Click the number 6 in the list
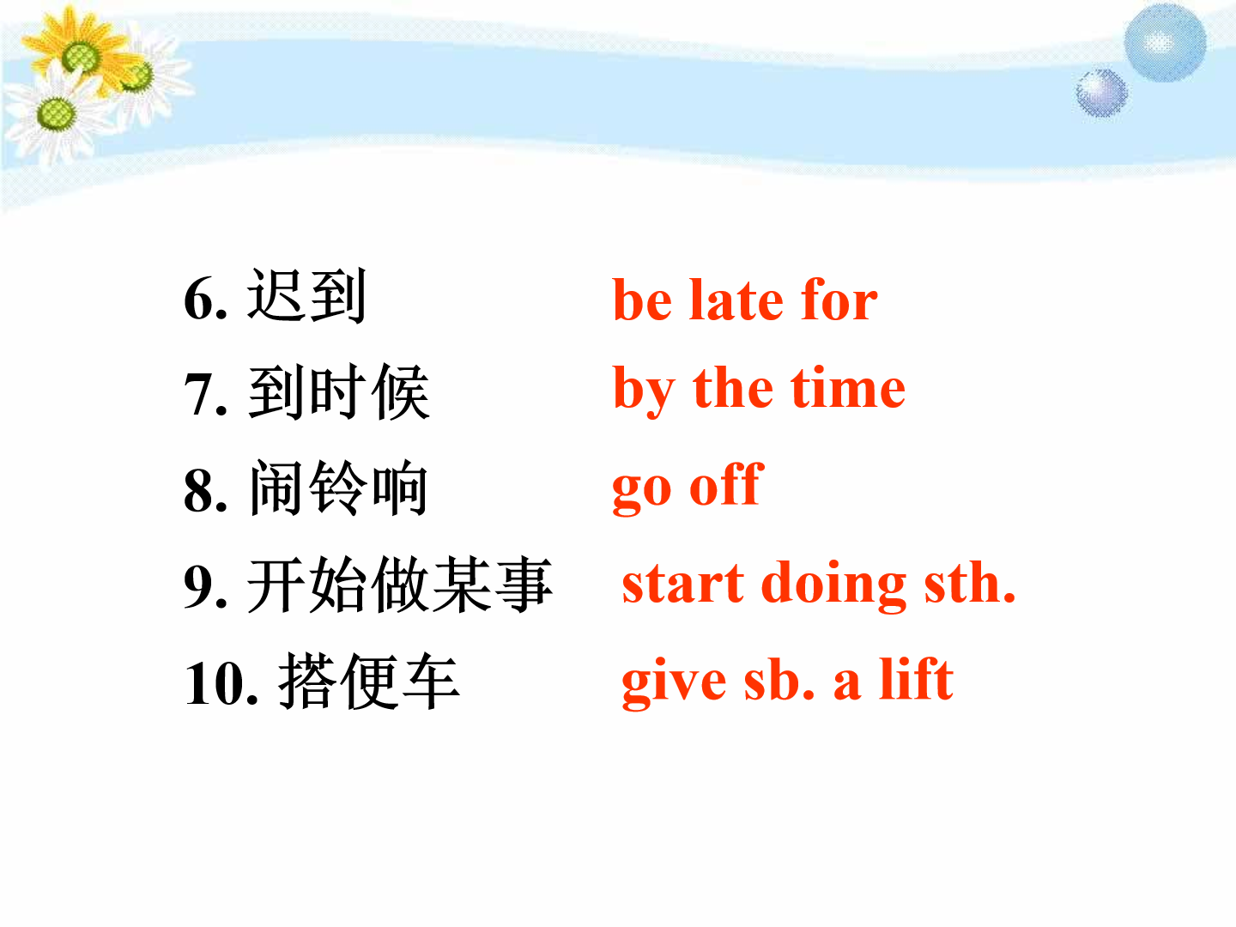(206, 299)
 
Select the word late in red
(736, 300)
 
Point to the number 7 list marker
(206, 395)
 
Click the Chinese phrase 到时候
(339, 391)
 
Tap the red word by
(644, 391)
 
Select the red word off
(726, 484)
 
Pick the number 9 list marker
(206, 586)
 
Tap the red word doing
(833, 585)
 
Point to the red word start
(683, 585)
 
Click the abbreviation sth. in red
(970, 583)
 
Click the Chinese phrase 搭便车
(369, 681)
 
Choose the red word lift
(916, 679)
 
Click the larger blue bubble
(1165, 43)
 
